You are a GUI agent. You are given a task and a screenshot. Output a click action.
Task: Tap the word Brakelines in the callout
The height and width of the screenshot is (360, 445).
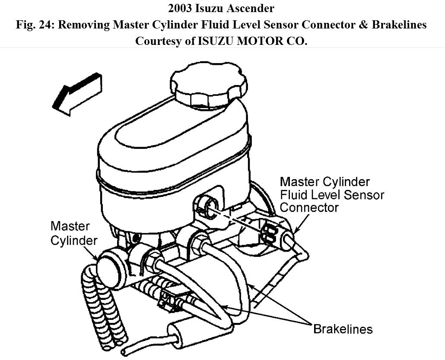[x=343, y=329]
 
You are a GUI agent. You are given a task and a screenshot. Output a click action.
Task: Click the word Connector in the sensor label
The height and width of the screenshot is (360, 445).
[x=309, y=207]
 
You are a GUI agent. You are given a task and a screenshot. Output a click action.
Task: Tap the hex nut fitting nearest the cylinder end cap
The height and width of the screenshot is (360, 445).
[x=151, y=261]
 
